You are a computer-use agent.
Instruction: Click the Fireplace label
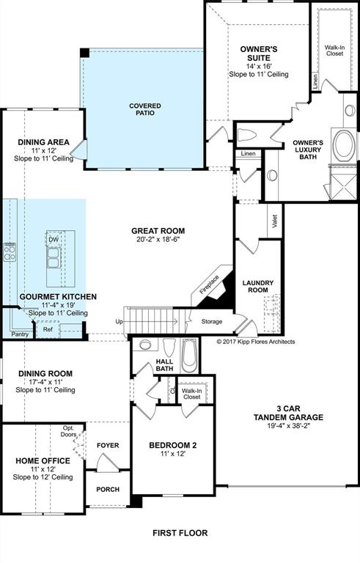click(x=209, y=284)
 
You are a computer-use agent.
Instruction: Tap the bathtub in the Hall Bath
click(x=189, y=356)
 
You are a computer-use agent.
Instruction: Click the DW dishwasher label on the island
click(x=54, y=240)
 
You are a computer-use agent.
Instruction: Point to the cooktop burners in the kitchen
click(x=10, y=251)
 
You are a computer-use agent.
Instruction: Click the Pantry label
click(x=20, y=334)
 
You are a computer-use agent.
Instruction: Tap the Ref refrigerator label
click(x=48, y=329)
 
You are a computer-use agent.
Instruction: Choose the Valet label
click(x=275, y=221)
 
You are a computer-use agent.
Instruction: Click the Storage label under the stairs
click(x=212, y=322)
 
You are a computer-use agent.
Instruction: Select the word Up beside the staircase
click(x=120, y=321)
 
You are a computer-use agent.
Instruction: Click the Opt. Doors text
click(x=69, y=431)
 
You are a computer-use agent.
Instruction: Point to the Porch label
click(x=108, y=490)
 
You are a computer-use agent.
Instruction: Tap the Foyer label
click(x=108, y=445)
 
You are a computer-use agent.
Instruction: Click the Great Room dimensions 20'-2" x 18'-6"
click(x=158, y=240)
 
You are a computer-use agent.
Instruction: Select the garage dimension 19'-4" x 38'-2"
click(x=288, y=426)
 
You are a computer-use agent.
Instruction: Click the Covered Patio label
click(x=145, y=109)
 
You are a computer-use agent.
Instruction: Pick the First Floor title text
click(x=180, y=533)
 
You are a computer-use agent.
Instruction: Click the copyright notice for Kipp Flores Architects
click(x=256, y=342)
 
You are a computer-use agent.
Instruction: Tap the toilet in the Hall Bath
click(x=169, y=347)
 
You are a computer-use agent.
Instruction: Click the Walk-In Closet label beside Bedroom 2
click(x=192, y=394)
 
